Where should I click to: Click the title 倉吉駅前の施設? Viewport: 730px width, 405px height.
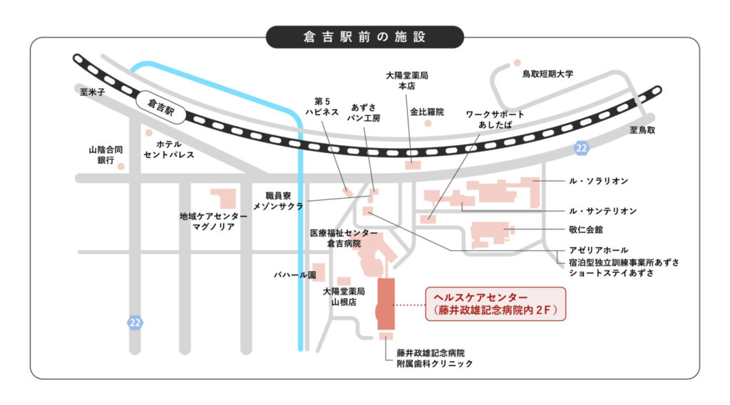364,36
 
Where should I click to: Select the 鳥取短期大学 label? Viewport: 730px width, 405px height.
547,73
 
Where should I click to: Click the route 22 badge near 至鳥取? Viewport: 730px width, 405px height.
582,147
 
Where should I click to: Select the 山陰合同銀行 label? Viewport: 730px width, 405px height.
106,155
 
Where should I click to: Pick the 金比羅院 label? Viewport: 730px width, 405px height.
426,112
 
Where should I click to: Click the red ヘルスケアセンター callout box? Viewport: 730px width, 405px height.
495,303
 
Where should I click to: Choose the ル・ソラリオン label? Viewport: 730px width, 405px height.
598,182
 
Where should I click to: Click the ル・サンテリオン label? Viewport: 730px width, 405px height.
602,211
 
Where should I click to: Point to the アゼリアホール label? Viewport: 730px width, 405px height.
599,250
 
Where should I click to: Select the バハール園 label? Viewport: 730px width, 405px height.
294,274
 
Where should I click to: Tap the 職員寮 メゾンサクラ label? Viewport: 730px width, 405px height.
279,200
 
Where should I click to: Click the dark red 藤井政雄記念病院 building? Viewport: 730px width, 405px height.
386,304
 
